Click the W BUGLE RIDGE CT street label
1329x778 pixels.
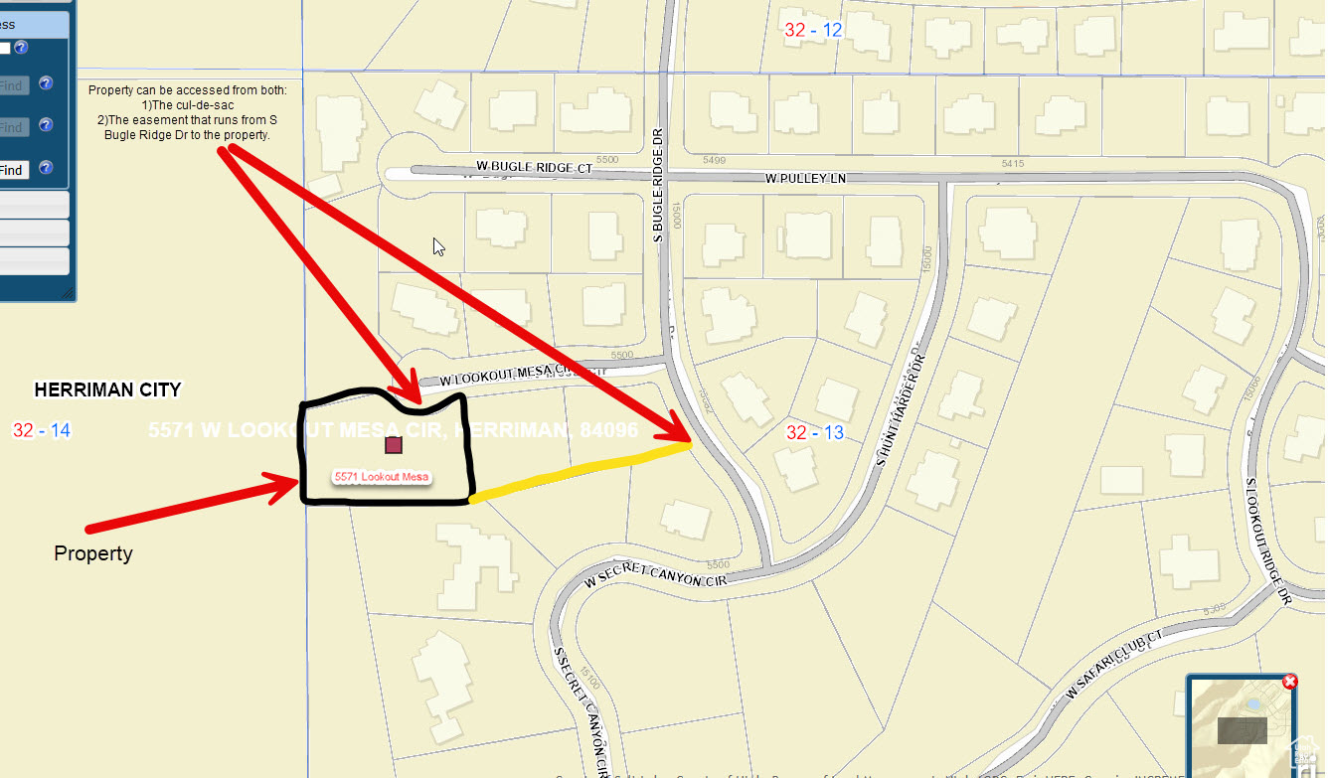pyautogui.click(x=534, y=168)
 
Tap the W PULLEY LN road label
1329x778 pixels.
pyautogui.click(x=805, y=179)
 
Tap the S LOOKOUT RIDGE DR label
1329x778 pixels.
pyautogui.click(x=1266, y=542)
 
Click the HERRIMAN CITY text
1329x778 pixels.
pyautogui.click(x=107, y=389)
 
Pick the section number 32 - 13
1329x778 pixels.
pyautogui.click(x=814, y=432)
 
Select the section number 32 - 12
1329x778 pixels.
pyautogui.click(x=813, y=30)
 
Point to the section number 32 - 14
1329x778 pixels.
pyautogui.click(x=41, y=430)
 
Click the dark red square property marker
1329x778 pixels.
pyautogui.click(x=393, y=445)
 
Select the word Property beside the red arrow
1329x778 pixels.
pyautogui.click(x=93, y=553)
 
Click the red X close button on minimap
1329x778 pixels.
pyautogui.click(x=1289, y=682)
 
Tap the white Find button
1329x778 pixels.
pyautogui.click(x=12, y=170)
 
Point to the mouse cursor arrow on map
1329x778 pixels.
pyautogui.click(x=438, y=246)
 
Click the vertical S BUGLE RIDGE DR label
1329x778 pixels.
pyautogui.click(x=657, y=185)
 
